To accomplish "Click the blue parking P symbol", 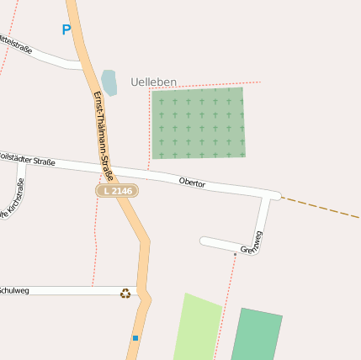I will click(x=66, y=30).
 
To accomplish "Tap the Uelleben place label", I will click(x=154, y=82).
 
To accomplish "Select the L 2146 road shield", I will click(x=117, y=191).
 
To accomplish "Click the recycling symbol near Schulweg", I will click(x=125, y=293).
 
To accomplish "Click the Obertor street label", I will click(x=192, y=182).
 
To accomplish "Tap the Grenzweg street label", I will click(x=252, y=242).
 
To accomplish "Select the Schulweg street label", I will click(x=13, y=290).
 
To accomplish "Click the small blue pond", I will click(x=109, y=82).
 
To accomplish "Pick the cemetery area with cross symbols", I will click(x=199, y=123).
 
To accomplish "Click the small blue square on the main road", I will click(x=135, y=338).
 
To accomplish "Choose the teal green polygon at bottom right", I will click(x=256, y=336).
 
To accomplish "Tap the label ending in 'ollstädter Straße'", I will click(x=27, y=158).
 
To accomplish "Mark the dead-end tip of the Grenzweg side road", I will click(x=202, y=241).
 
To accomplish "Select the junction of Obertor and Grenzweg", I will click(x=270, y=196).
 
